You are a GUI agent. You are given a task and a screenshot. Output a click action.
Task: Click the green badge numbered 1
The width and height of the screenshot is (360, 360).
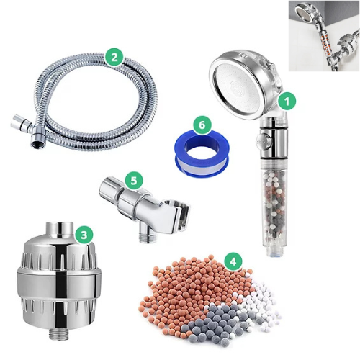pos(287,102)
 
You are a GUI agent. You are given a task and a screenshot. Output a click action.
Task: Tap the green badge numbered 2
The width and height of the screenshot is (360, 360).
pos(114,58)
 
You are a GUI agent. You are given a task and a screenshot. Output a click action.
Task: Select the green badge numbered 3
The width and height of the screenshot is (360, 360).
pos(84,235)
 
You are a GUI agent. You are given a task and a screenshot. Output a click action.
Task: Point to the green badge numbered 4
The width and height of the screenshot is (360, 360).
pos(233,261)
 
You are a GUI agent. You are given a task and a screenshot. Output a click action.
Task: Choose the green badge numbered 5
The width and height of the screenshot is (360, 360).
pos(134,180)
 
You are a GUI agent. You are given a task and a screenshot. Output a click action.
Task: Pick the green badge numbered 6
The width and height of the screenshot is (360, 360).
pos(202,125)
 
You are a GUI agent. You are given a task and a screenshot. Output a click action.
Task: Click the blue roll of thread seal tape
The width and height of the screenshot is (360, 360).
pos(202,153)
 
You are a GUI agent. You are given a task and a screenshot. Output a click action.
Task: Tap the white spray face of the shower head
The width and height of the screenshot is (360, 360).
pos(240,86)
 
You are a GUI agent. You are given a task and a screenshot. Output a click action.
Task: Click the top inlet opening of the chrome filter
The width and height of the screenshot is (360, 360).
pos(60,228)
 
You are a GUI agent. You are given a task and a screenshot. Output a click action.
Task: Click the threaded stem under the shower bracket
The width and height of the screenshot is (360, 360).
pos(146,236)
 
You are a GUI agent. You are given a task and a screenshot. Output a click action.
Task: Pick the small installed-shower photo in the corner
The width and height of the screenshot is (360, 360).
pos(324,36)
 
